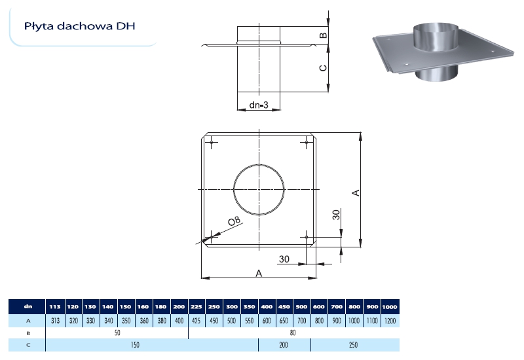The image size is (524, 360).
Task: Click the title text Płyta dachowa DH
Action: [79, 26]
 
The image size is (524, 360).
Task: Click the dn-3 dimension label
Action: [259, 105]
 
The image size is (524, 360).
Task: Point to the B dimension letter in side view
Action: [323, 35]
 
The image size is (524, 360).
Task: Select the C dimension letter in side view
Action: [323, 68]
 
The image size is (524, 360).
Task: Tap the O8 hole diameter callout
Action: [234, 221]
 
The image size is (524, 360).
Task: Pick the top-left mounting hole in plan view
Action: [212, 143]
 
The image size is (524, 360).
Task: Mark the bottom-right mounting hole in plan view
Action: [307, 237]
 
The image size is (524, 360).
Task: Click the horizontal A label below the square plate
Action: [259, 273]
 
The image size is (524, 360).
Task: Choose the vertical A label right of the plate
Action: [356, 192]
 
